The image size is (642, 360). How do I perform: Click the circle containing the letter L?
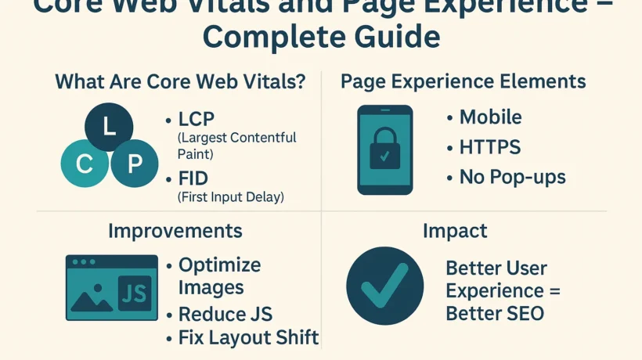pos(109,127)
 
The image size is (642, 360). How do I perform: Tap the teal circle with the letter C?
pos(85,164)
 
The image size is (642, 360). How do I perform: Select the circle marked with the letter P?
pos(134,164)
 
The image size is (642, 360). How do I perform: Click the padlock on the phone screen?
pos(384,148)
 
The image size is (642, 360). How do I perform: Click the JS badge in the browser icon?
pos(134,293)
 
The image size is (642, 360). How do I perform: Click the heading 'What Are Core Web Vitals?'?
pos(179,81)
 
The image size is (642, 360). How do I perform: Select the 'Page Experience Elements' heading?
pos(463,81)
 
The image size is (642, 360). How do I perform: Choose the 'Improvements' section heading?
pos(175,231)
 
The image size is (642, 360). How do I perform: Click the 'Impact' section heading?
pos(454,231)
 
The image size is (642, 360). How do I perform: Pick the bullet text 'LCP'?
pos(196,121)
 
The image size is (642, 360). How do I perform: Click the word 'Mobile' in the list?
pos(490,117)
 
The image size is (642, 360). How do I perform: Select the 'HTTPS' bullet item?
pos(489,147)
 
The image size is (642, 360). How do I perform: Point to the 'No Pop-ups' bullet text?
pos(512,177)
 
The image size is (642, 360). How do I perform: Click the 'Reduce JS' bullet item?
pos(225,314)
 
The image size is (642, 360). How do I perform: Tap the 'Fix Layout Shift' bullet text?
pos(248,337)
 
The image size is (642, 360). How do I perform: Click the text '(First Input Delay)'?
pos(231,197)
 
